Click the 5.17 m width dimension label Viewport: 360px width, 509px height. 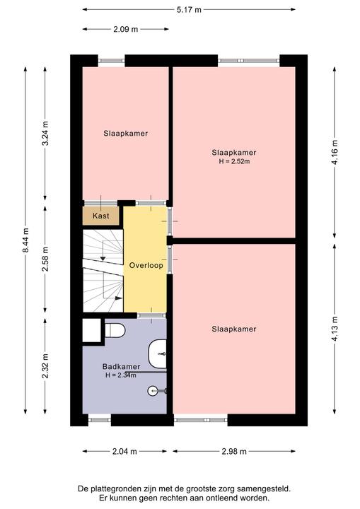189,10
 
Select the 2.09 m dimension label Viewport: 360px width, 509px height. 125,29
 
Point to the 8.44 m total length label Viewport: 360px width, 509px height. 26,240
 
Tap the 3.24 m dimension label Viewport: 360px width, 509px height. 45,134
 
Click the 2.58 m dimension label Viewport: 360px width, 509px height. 45,259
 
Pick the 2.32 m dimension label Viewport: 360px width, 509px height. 45,366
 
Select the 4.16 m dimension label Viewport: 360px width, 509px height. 335,152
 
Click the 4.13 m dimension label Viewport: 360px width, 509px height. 335,328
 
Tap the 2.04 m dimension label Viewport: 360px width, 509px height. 124,451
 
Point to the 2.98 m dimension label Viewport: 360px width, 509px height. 234,451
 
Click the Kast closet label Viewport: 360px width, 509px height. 100,216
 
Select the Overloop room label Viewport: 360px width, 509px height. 146,265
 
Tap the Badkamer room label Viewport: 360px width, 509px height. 121,366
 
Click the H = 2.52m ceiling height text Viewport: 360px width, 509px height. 234,161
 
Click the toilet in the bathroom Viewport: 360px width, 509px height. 115,330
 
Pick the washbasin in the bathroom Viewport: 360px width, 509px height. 158,353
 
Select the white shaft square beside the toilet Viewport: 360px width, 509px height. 92,330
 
